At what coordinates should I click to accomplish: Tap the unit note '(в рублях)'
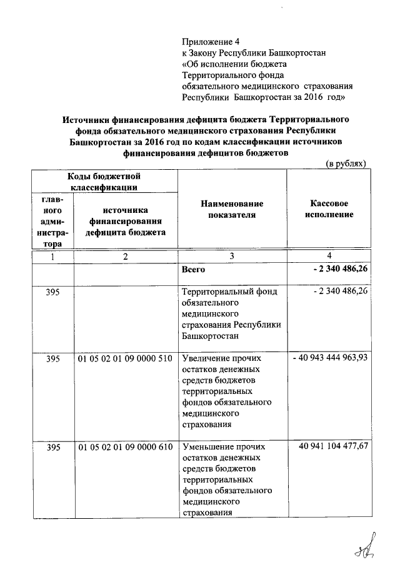[x=346, y=163]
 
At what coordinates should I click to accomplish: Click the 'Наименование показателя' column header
[x=232, y=210]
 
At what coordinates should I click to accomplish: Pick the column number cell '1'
[x=53, y=257]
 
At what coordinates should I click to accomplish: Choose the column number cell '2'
[x=126, y=257]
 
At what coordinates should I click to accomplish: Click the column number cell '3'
[x=232, y=257]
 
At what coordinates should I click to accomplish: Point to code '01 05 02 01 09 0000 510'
[x=125, y=359]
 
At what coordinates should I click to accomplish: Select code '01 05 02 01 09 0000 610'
[x=125, y=447]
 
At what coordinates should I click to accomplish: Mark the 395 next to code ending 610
[x=53, y=447]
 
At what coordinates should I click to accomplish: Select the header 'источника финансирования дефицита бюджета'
[x=126, y=221]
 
